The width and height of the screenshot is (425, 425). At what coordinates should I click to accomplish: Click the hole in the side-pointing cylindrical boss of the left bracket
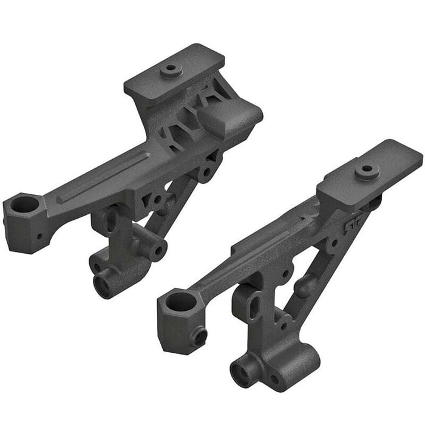point(160,250)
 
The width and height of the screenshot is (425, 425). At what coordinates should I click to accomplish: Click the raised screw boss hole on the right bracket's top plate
point(367,171)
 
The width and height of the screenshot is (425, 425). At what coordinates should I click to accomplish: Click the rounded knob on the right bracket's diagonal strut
point(305,283)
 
